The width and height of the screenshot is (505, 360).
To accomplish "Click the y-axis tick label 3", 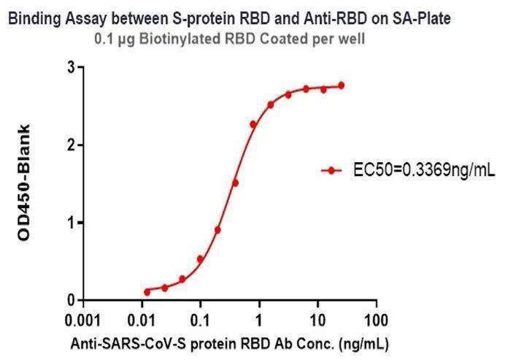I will click(71, 68).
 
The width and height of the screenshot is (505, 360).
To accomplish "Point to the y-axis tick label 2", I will click(71, 145).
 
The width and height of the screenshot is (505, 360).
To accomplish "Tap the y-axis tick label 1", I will click(71, 223).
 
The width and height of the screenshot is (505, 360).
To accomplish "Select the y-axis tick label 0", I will click(71, 300).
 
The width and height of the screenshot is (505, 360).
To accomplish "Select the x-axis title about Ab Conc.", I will click(229, 343).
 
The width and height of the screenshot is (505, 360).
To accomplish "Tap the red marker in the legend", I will click(332, 171).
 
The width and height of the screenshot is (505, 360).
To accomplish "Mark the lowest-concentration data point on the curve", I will click(147, 291).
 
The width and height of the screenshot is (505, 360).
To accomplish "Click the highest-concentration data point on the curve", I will click(341, 85).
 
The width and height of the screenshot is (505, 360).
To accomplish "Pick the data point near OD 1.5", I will click(235, 183).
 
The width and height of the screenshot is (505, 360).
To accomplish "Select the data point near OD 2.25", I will click(253, 124).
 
